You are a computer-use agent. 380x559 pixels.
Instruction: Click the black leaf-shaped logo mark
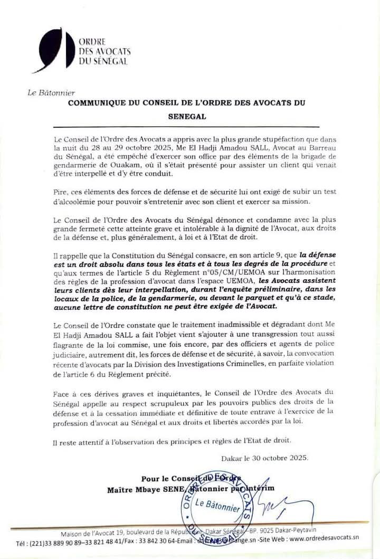51,50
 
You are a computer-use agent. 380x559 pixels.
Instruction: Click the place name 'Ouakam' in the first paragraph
125,162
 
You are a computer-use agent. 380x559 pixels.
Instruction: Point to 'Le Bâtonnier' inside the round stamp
217,506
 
